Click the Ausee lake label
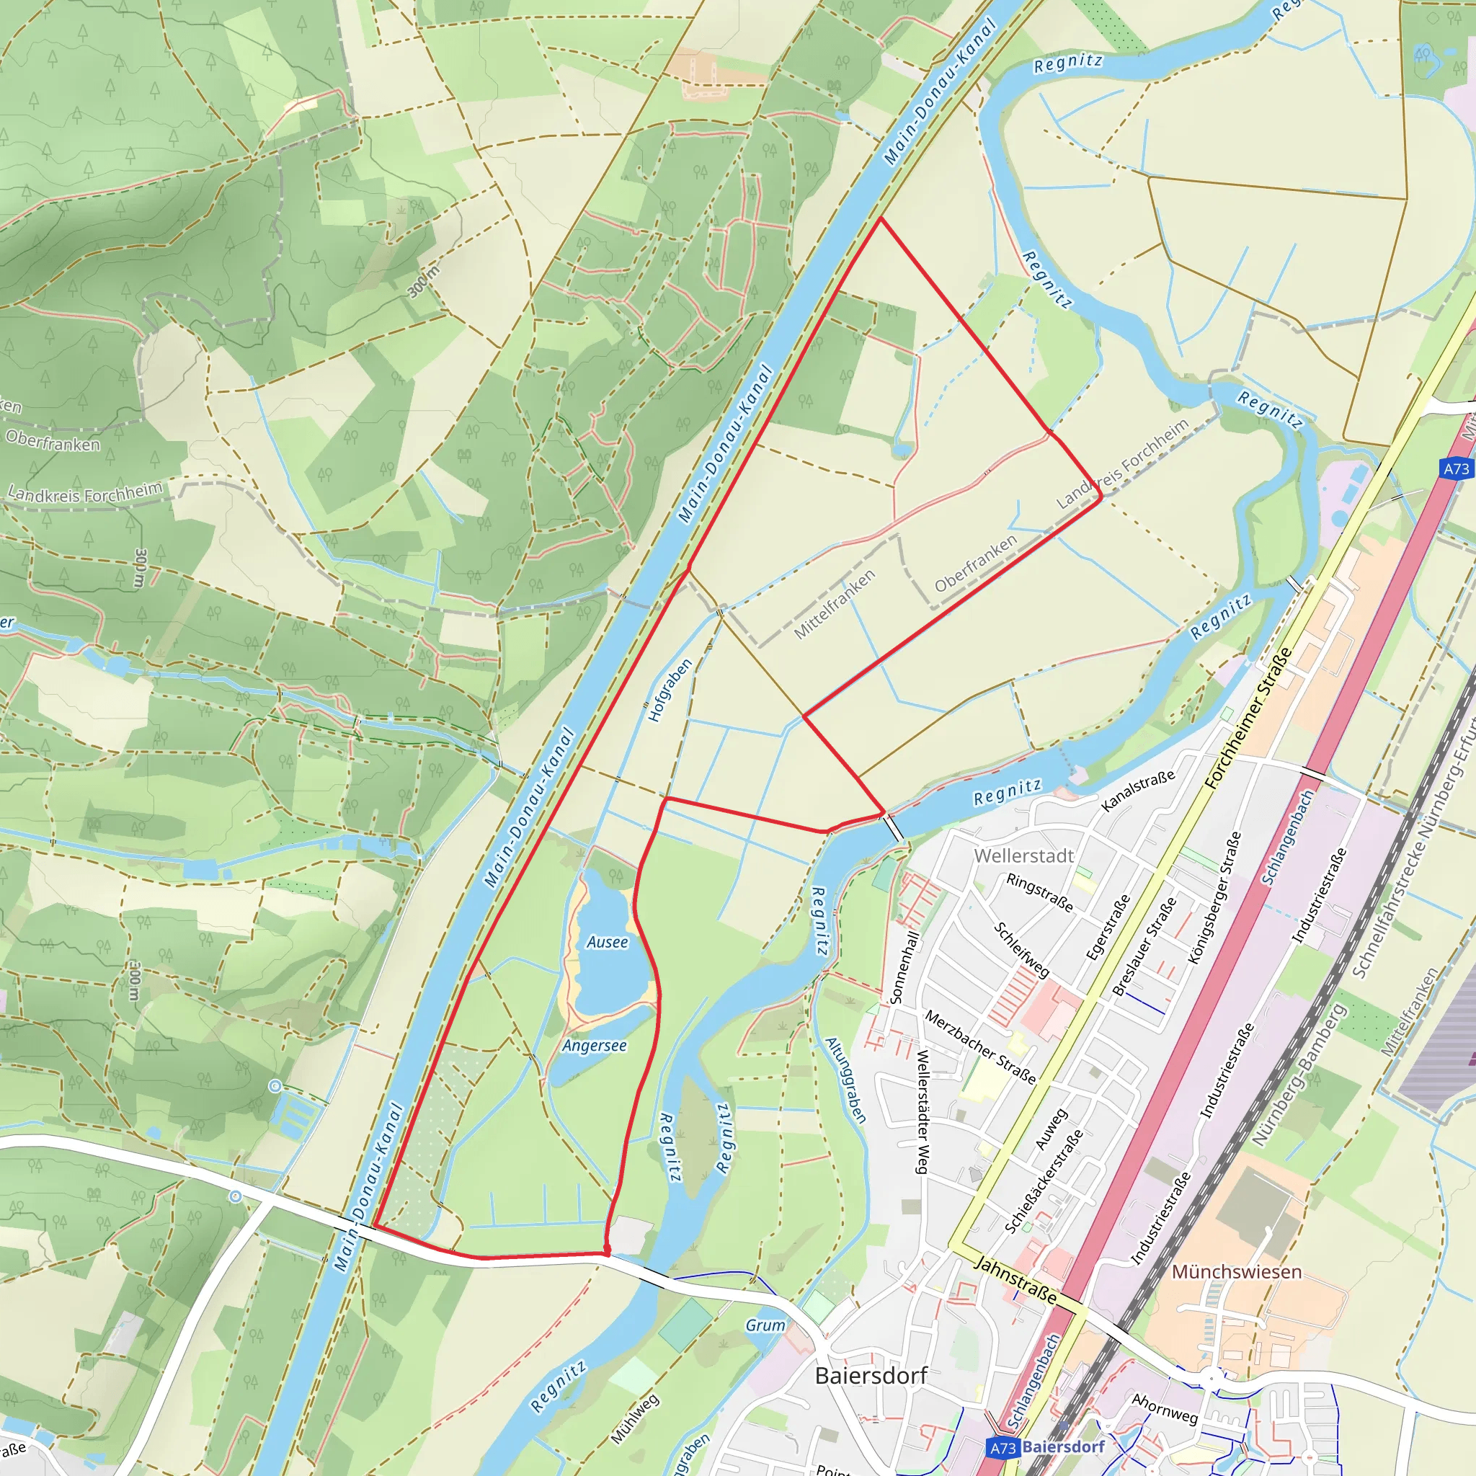(608, 942)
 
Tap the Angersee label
(595, 1045)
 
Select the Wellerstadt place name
(1023, 855)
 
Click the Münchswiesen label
(1236, 1272)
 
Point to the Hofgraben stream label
(670, 690)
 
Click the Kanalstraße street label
(1137, 791)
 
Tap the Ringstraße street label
(1040, 892)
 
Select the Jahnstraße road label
(1017, 1281)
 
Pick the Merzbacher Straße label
(980, 1047)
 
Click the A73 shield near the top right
(1456, 468)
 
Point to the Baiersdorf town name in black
(871, 1376)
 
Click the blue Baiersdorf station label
(1064, 1446)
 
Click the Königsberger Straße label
(1214, 898)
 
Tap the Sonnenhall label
(904, 966)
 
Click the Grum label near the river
(765, 1325)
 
